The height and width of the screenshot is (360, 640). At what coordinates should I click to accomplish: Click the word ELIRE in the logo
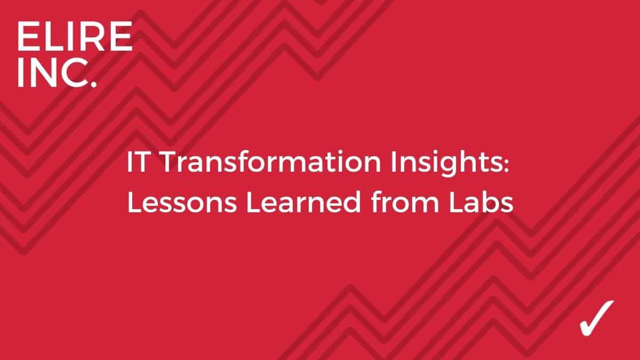pos(74,37)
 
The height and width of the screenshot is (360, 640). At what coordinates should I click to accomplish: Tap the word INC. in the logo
pos(57,73)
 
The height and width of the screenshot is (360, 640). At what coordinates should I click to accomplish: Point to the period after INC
pos(93,85)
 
